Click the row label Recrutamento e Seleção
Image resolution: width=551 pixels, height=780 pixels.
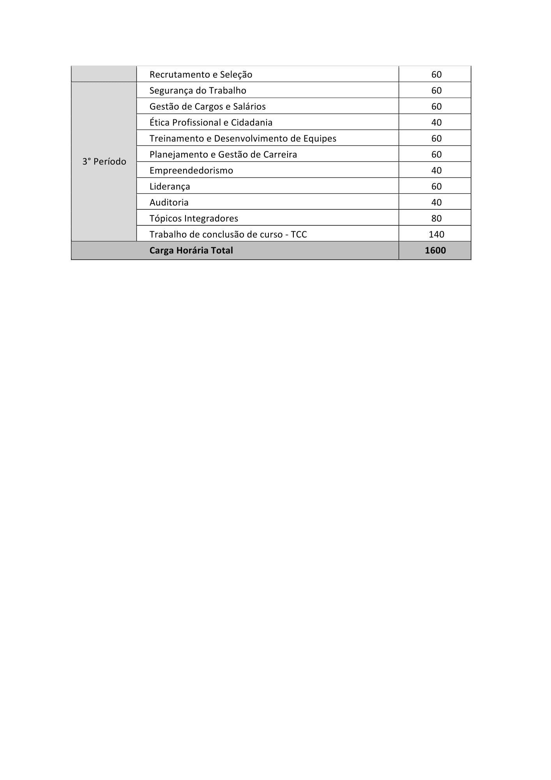click(x=201, y=74)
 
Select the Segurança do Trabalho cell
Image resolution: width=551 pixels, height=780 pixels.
click(x=198, y=90)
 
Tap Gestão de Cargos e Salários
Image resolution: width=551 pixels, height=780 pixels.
click(x=207, y=106)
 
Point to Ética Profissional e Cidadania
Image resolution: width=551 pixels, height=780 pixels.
click(x=211, y=122)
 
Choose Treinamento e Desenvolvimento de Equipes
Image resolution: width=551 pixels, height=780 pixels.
click(x=243, y=138)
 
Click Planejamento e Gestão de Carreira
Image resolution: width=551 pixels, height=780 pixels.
click(x=223, y=154)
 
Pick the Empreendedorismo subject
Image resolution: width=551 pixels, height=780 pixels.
click(x=191, y=170)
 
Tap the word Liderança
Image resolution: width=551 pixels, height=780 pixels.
click(x=170, y=186)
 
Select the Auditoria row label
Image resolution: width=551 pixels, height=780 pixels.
click(x=169, y=202)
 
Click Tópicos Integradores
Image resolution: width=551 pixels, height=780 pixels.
click(x=194, y=218)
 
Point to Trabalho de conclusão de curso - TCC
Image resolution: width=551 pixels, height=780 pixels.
click(x=228, y=234)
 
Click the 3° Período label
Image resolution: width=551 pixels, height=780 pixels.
click(x=104, y=161)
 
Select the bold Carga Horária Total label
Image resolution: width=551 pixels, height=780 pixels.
click(x=191, y=250)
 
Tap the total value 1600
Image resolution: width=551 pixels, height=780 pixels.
click(x=435, y=250)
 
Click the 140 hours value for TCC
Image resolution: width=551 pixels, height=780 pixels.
click(x=436, y=234)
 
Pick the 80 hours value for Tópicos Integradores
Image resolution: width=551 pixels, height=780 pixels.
click(x=436, y=218)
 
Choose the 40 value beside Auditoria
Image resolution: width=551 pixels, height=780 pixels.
click(x=436, y=202)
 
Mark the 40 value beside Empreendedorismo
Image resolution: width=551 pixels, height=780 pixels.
click(x=436, y=170)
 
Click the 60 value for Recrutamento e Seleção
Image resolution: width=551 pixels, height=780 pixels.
click(x=436, y=74)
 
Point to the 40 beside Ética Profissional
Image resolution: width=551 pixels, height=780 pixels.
click(x=436, y=122)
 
